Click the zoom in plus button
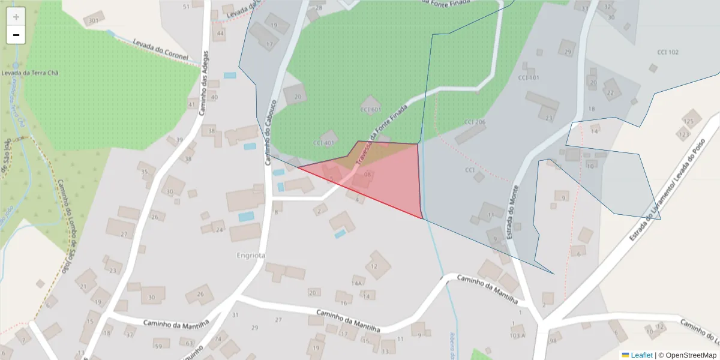(x=16, y=17)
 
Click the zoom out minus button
(x=16, y=35)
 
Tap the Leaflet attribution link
(x=641, y=355)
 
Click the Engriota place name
(x=251, y=256)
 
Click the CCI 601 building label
(x=370, y=110)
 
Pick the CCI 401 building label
(x=323, y=143)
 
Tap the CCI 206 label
(x=474, y=122)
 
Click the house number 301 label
(x=92, y=21)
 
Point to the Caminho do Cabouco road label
(x=269, y=126)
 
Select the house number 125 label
(x=688, y=122)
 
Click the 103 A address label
(x=518, y=335)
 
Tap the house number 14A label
(x=358, y=283)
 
